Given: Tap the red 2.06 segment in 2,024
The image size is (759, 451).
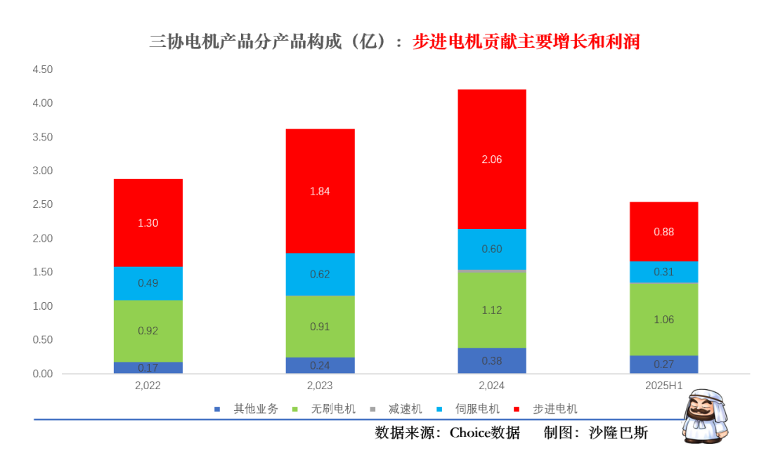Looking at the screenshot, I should point(492,183).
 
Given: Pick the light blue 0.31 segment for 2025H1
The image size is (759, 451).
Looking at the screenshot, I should point(663,271).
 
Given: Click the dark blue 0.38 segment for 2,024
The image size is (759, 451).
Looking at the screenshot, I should point(492,360).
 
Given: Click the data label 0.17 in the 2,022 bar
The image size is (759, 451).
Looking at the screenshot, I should point(148,367).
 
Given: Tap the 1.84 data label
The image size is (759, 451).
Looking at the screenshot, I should point(320,191).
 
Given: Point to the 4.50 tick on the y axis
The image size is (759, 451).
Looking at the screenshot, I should point(43,70).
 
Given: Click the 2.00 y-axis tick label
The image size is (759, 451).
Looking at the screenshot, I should point(43,238).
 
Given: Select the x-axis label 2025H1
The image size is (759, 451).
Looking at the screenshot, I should point(663,386).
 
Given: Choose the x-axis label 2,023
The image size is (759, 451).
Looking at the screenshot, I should point(320,386).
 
